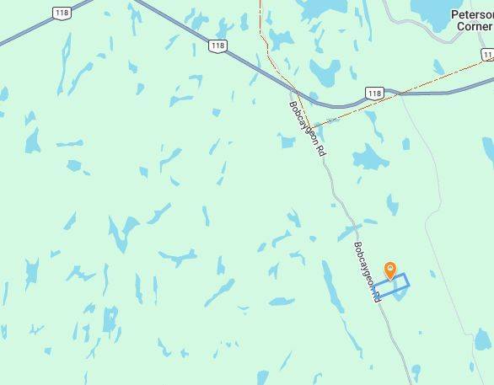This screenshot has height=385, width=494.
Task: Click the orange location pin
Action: tap(390, 270)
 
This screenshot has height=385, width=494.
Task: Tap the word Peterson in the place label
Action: tap(472, 14)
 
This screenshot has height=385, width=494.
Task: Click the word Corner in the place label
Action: tap(475, 26)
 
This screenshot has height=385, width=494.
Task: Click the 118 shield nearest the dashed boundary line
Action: tap(374, 93)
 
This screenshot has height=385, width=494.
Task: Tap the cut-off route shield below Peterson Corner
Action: tap(488, 56)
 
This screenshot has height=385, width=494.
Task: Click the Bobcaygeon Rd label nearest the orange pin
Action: tap(364, 271)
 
